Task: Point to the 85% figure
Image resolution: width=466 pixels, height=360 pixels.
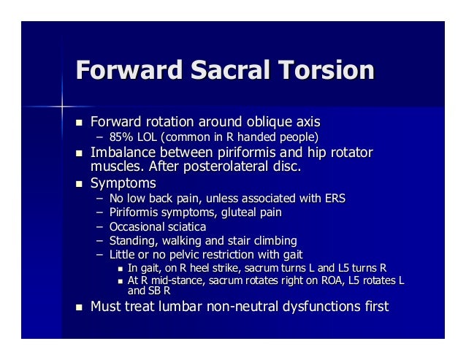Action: point(121,137)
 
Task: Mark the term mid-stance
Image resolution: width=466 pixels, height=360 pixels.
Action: point(173,280)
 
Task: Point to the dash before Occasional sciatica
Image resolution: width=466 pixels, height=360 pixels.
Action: point(99,226)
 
